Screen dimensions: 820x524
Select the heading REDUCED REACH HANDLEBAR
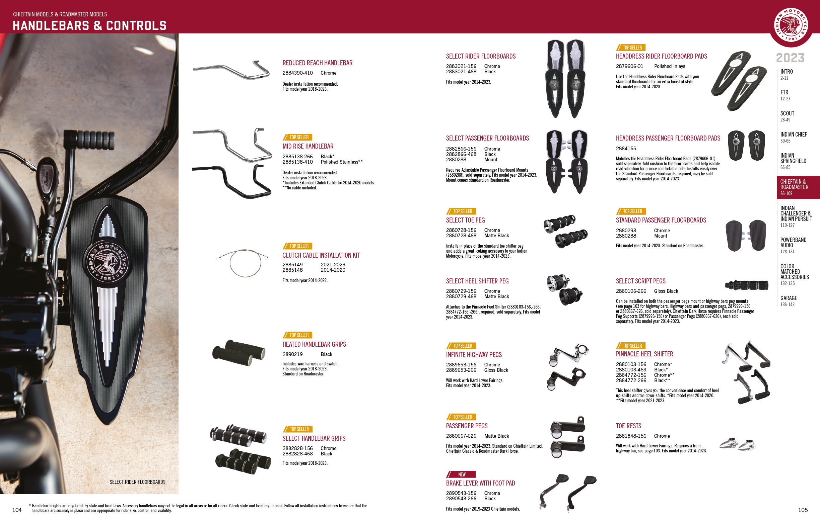pos(317,63)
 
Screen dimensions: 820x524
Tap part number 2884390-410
pos(298,73)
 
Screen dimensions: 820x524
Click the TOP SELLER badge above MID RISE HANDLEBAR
pos(297,137)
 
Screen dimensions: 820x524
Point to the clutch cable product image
pos(243,262)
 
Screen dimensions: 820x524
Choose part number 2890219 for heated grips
pos(292,354)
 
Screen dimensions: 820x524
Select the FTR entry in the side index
pos(785,95)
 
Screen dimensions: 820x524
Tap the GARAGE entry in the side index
pos(789,301)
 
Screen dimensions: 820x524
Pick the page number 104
pos(17,510)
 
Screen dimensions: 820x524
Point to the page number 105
pos(803,510)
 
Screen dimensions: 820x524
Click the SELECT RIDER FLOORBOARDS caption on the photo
pos(138,482)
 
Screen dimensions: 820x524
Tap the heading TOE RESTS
pos(629,426)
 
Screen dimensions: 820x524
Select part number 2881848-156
pos(631,436)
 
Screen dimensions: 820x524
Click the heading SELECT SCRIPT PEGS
pos(640,281)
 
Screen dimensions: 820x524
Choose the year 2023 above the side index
pos(791,58)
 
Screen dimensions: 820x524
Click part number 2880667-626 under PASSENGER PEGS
pos(461,436)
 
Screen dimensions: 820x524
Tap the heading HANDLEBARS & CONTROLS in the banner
pos(89,26)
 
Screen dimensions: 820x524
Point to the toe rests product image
pos(737,444)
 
